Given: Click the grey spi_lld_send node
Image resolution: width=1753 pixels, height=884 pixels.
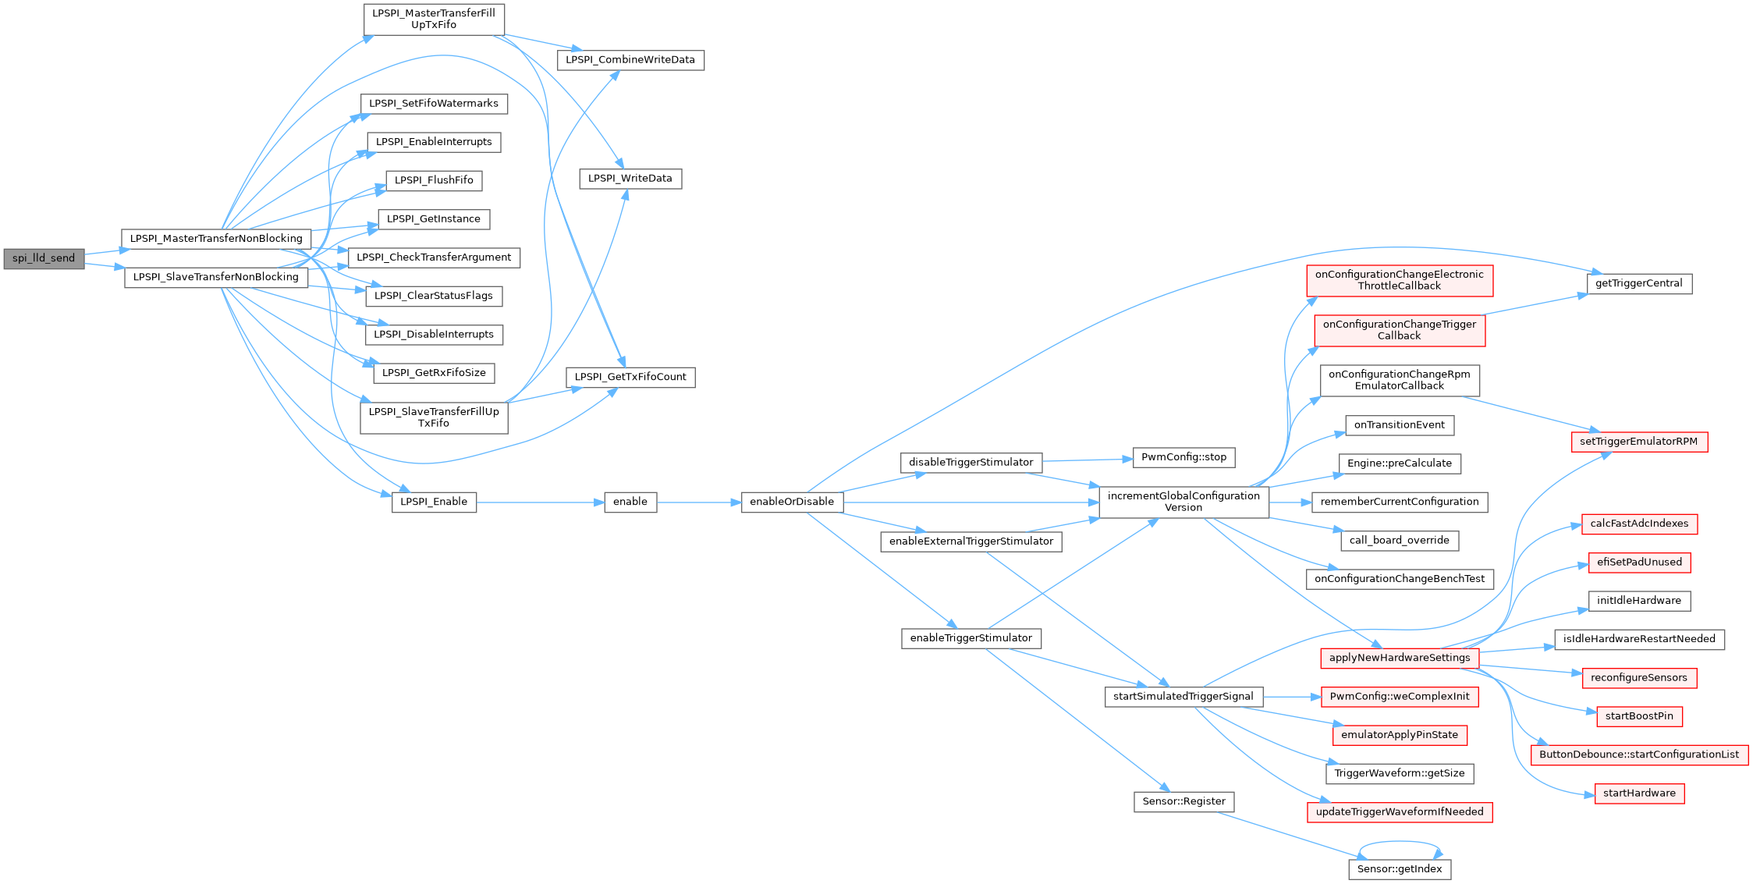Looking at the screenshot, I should tap(44, 258).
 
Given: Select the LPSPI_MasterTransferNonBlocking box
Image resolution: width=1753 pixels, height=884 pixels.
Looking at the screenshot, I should tap(216, 239).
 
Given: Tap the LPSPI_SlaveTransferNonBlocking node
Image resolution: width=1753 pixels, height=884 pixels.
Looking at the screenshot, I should tap(216, 277).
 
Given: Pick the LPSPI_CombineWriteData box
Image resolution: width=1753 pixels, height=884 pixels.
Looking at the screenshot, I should tap(630, 60).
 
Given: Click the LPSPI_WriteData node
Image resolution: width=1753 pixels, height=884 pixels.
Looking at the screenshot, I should tap(630, 179).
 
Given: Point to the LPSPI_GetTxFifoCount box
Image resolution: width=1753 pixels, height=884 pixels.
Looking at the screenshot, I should tap(630, 377).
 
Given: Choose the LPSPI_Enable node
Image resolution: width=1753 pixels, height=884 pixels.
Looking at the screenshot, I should tap(434, 502).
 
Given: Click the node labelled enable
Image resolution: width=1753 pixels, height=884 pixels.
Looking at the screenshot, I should tap(630, 502).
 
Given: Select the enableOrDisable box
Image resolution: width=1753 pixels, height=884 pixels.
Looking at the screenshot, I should tap(792, 502).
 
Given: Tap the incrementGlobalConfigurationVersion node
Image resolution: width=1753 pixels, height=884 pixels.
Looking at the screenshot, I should tap(1183, 502).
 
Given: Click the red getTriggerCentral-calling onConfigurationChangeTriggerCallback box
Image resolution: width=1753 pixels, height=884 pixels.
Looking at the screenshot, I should tap(1400, 330).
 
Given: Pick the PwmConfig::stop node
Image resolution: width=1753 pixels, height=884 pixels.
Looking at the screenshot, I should tap(1183, 457).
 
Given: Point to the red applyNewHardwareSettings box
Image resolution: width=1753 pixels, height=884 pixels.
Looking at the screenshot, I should tap(1400, 658).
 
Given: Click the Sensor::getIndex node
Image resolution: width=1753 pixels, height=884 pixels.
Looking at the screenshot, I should tap(1400, 869).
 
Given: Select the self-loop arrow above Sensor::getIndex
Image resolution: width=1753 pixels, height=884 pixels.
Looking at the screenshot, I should tap(1400, 842).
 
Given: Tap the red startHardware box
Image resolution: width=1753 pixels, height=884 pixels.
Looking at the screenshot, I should tap(1639, 793).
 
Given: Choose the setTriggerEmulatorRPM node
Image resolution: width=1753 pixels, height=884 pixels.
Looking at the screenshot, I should tap(1639, 442).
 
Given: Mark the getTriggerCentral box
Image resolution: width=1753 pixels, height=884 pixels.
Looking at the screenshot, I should tap(1639, 283).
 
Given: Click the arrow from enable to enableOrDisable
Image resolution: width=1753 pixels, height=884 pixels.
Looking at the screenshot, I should tap(698, 502).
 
